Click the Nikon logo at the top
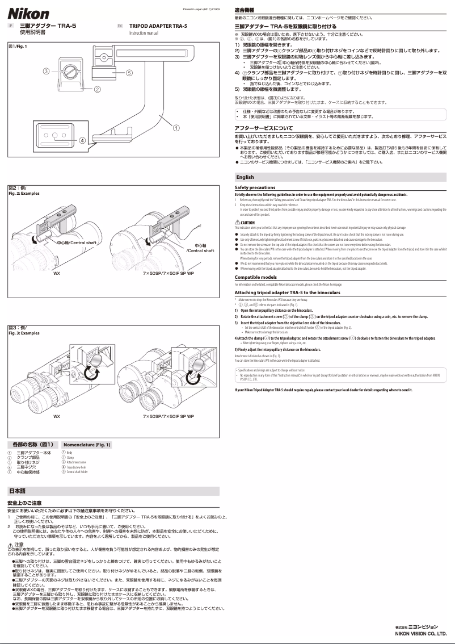(28, 14)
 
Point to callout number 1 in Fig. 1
(177, 127)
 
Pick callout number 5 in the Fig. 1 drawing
(129, 73)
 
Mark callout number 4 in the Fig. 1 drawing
(82, 140)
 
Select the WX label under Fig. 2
(57, 273)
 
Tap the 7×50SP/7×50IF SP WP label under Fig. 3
(168, 416)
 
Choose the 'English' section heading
(245, 177)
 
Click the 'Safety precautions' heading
(255, 187)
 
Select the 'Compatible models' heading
(256, 277)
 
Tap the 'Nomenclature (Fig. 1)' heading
(87, 444)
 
